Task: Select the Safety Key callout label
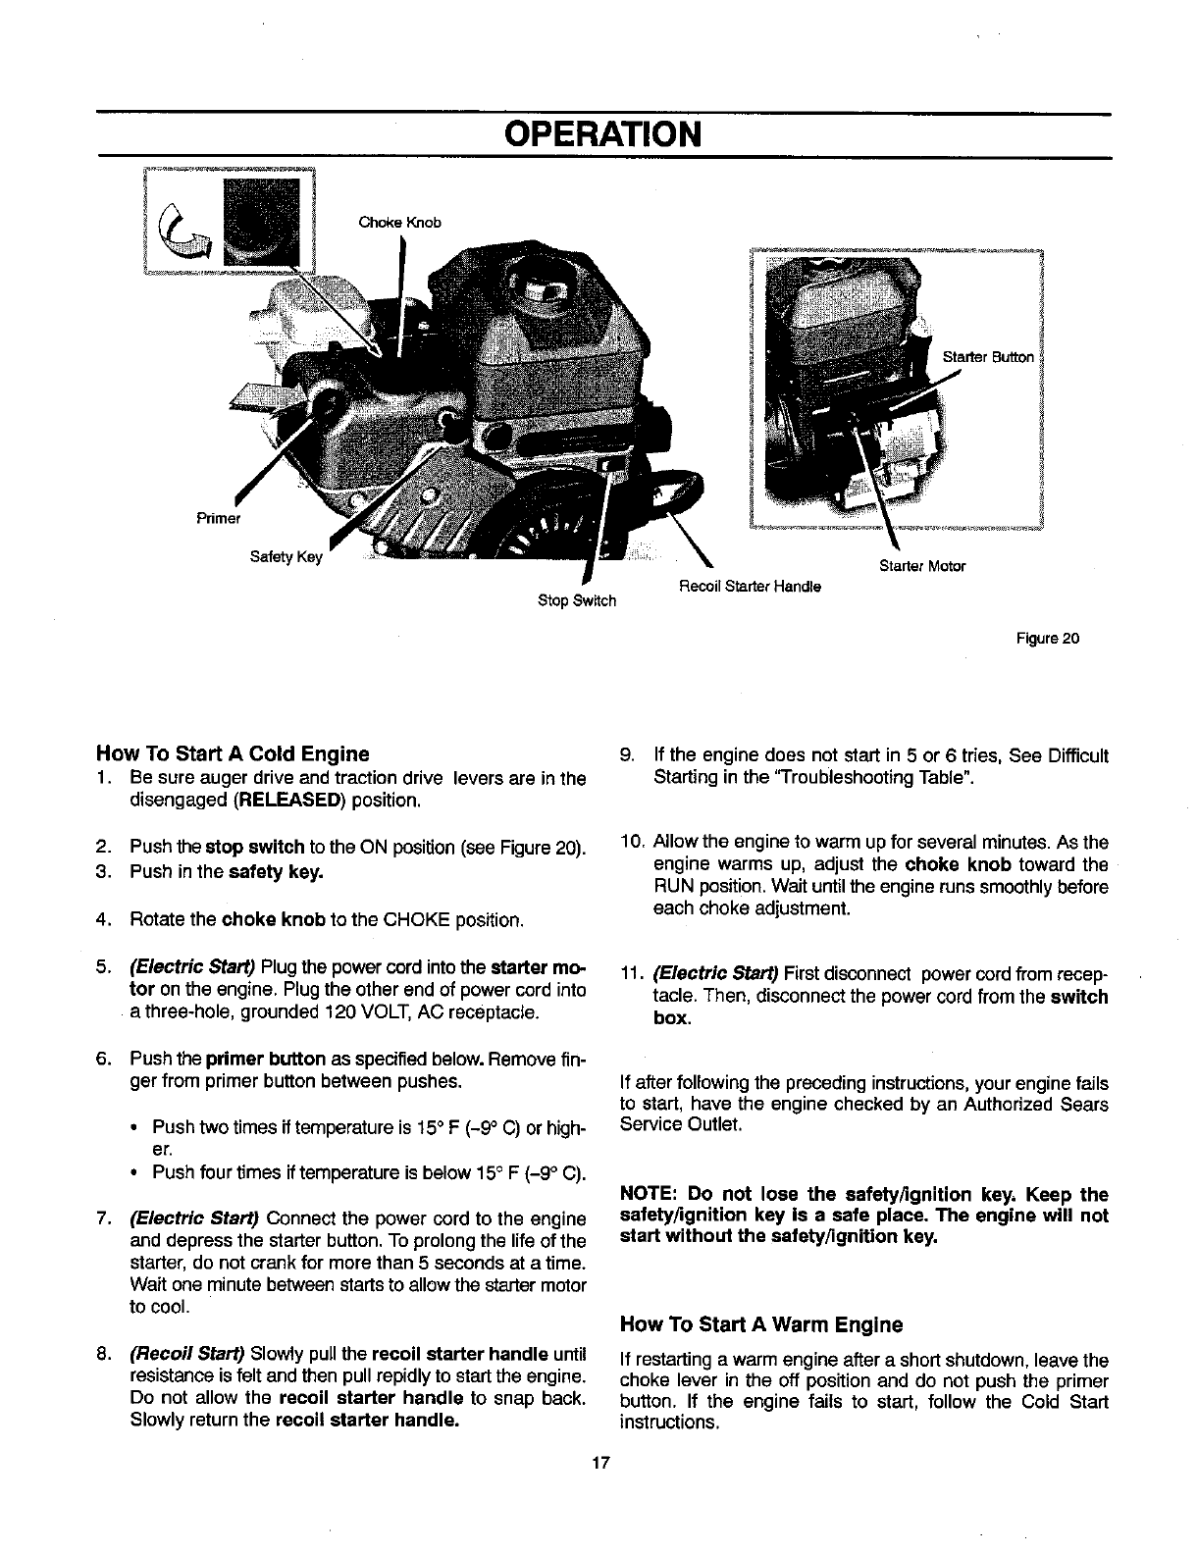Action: coord(286,558)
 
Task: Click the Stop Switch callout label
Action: coord(577,600)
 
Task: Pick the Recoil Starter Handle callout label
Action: coord(750,587)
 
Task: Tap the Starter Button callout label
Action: coord(987,357)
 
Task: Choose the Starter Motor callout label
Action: coord(922,566)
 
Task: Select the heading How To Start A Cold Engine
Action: coord(233,754)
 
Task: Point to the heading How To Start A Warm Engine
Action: coord(761,1325)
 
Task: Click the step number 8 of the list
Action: coord(103,1356)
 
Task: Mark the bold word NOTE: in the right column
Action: coord(649,1195)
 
